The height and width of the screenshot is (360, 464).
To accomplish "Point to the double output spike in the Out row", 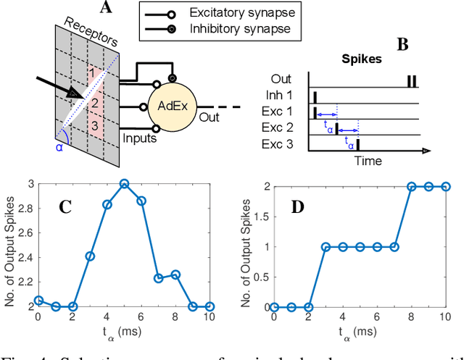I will (x=411, y=81).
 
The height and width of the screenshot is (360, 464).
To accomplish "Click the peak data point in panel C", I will (x=125, y=184).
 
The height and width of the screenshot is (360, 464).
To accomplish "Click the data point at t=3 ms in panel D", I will (x=326, y=246).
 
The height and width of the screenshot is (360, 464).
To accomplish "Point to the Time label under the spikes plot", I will (x=368, y=160).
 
